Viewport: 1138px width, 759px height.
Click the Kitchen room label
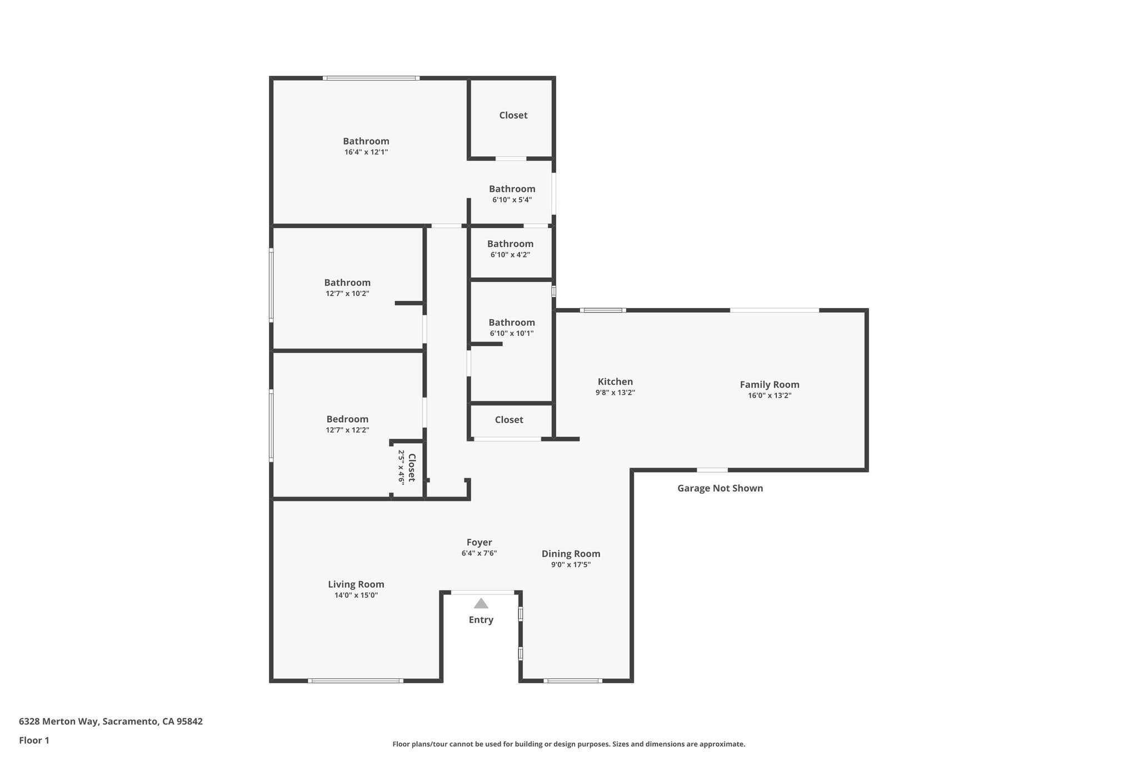tap(615, 381)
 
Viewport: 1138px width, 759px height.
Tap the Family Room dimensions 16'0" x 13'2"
tap(769, 396)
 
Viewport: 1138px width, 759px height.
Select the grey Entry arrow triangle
tap(481, 603)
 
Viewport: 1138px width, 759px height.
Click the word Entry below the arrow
tap(481, 620)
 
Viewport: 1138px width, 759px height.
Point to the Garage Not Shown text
tap(720, 488)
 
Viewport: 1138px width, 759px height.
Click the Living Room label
tap(356, 584)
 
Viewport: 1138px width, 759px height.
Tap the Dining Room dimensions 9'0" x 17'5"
tap(571, 565)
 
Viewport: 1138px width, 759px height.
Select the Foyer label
tap(479, 542)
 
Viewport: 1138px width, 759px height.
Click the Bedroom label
tap(347, 419)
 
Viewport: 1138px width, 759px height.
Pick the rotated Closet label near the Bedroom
tap(412, 468)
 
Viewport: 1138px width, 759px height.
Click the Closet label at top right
tap(513, 115)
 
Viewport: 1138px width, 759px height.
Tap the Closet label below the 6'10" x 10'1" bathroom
tap(508, 420)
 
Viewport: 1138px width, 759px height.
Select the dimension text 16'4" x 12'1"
tap(366, 152)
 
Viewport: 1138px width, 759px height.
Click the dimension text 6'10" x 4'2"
tap(510, 255)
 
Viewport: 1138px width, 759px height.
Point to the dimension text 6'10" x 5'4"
tap(512, 200)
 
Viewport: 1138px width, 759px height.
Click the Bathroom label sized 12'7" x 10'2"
tap(347, 282)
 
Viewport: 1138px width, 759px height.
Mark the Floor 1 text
tap(34, 740)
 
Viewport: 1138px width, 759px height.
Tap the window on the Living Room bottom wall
tap(356, 681)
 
